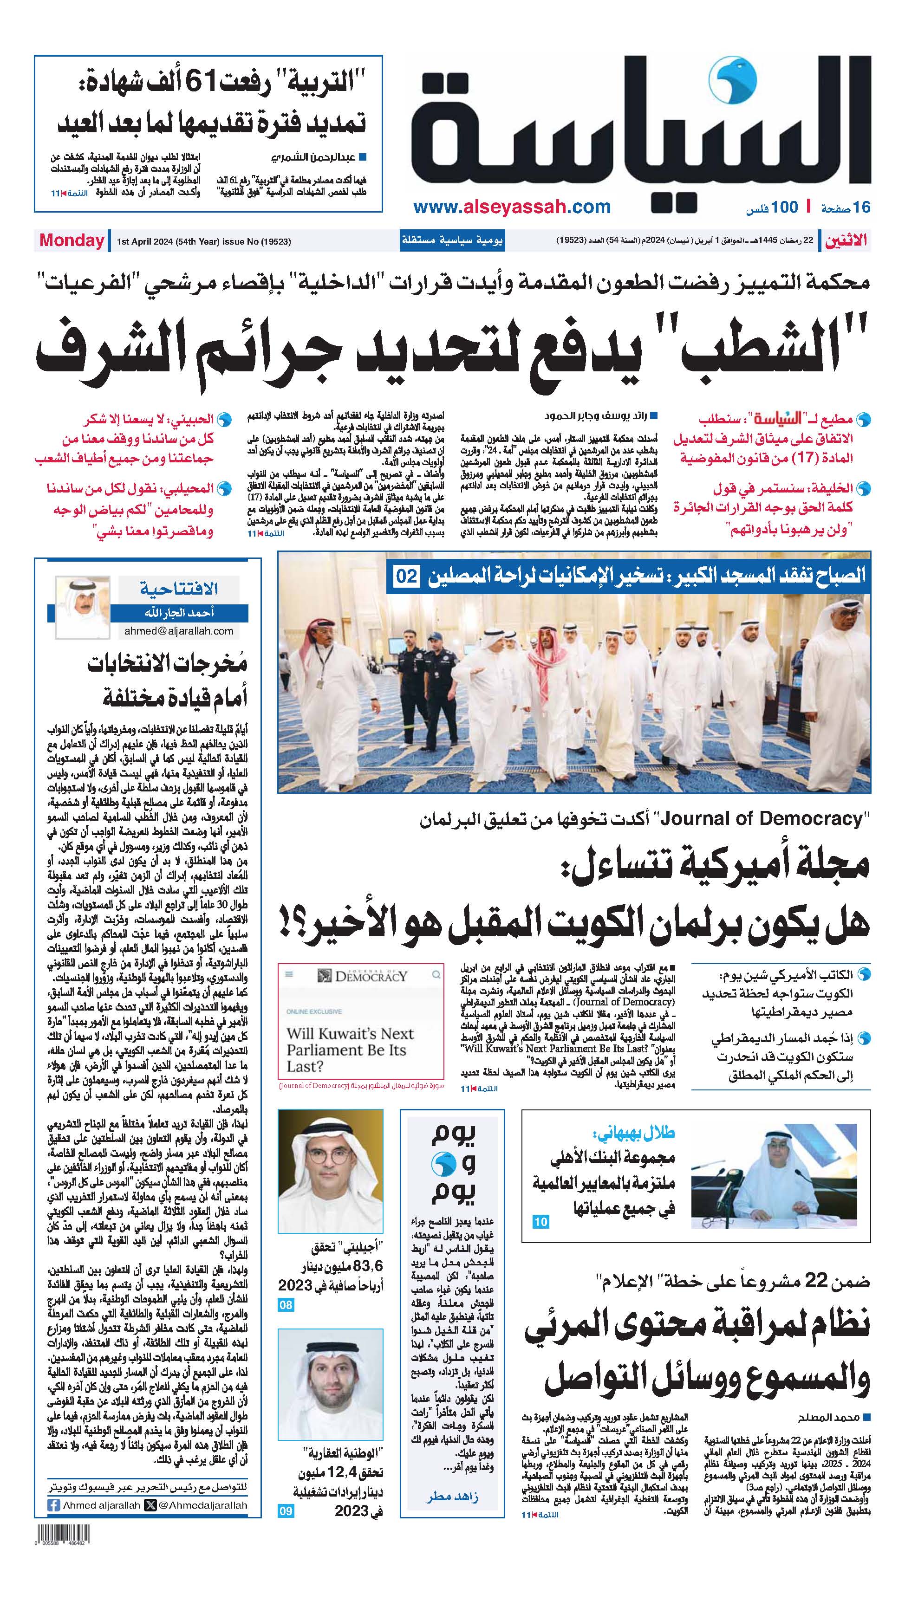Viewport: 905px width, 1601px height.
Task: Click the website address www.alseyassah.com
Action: [512, 207]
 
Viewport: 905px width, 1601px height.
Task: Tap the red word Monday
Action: [72, 240]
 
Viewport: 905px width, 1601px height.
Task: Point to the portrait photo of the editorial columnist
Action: [82, 607]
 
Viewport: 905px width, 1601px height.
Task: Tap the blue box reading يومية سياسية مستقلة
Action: [452, 240]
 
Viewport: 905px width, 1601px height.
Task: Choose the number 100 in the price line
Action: [785, 207]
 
